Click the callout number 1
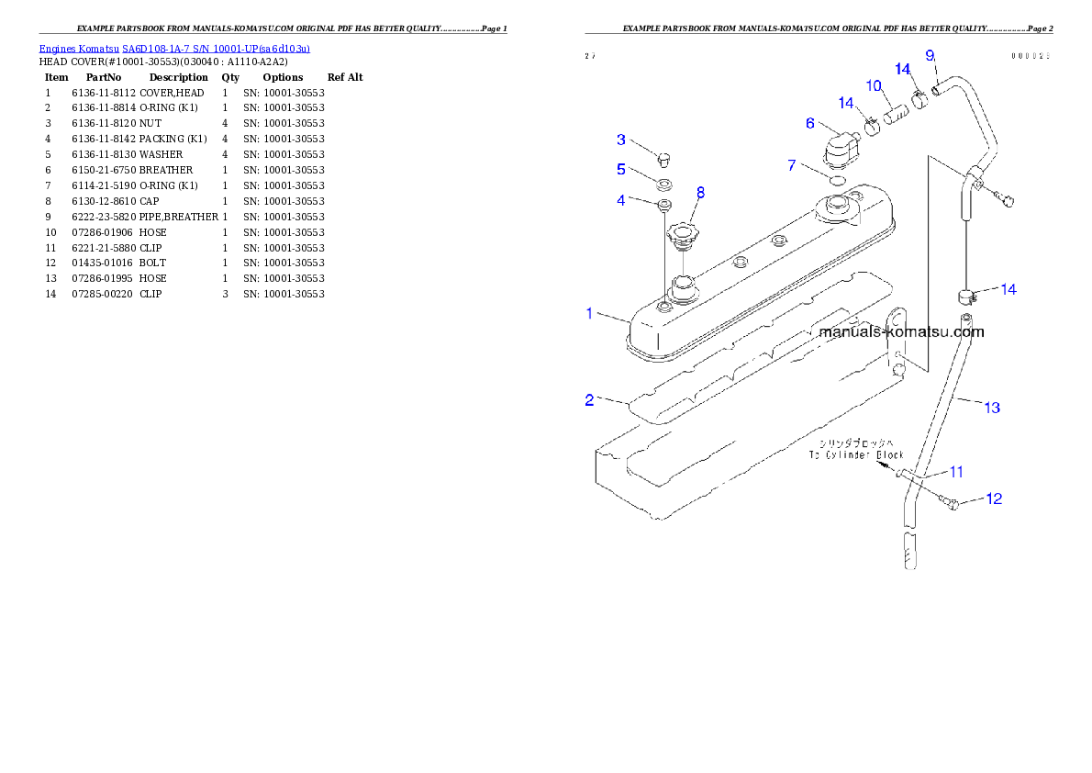coord(590,314)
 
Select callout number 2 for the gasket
coord(590,399)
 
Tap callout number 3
coord(621,140)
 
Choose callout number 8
coord(701,193)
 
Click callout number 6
coord(810,123)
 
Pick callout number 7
coord(792,165)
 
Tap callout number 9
coord(930,56)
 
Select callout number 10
coord(874,86)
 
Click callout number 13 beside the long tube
coord(992,408)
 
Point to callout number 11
coord(956,472)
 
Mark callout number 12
coord(994,499)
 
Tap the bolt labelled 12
coord(953,502)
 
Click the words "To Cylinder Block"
coord(856,454)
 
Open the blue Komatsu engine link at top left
coord(174,48)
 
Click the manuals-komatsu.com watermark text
coord(901,332)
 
